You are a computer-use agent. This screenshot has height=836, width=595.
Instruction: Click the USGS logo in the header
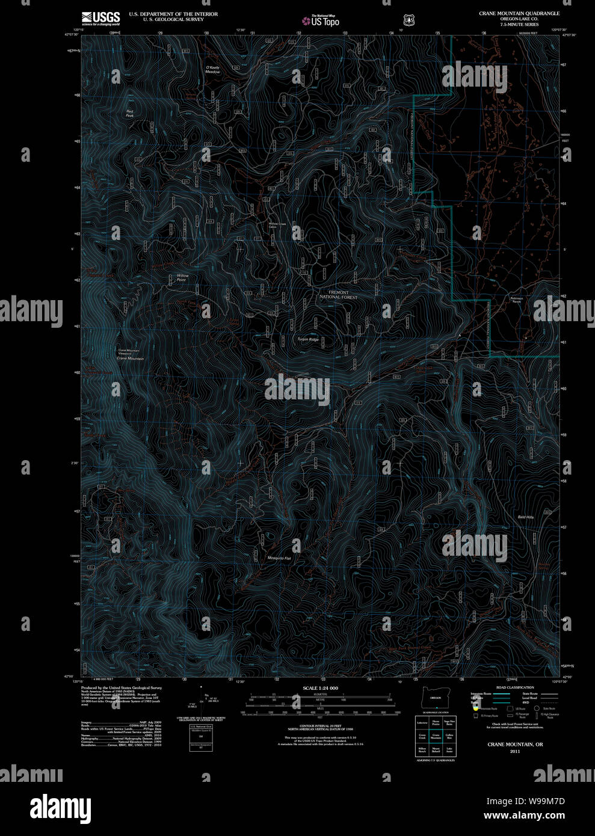click(100, 18)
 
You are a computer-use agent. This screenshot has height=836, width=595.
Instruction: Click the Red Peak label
click(130, 113)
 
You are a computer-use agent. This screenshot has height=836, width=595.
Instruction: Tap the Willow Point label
click(182, 277)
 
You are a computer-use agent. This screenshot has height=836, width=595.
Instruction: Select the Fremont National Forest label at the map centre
click(338, 295)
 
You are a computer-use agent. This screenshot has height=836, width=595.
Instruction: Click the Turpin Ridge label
click(307, 339)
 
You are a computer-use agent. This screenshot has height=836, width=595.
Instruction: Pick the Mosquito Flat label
click(279, 558)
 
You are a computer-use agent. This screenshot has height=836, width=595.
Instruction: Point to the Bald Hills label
click(526, 517)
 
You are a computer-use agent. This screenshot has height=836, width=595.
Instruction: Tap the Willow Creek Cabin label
click(277, 226)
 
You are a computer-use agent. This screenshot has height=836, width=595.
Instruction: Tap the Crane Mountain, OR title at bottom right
click(515, 745)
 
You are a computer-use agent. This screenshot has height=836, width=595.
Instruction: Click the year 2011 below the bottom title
click(515, 751)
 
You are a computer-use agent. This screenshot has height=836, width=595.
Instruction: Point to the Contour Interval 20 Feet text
click(320, 727)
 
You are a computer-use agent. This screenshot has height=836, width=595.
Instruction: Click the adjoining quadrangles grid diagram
click(436, 736)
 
